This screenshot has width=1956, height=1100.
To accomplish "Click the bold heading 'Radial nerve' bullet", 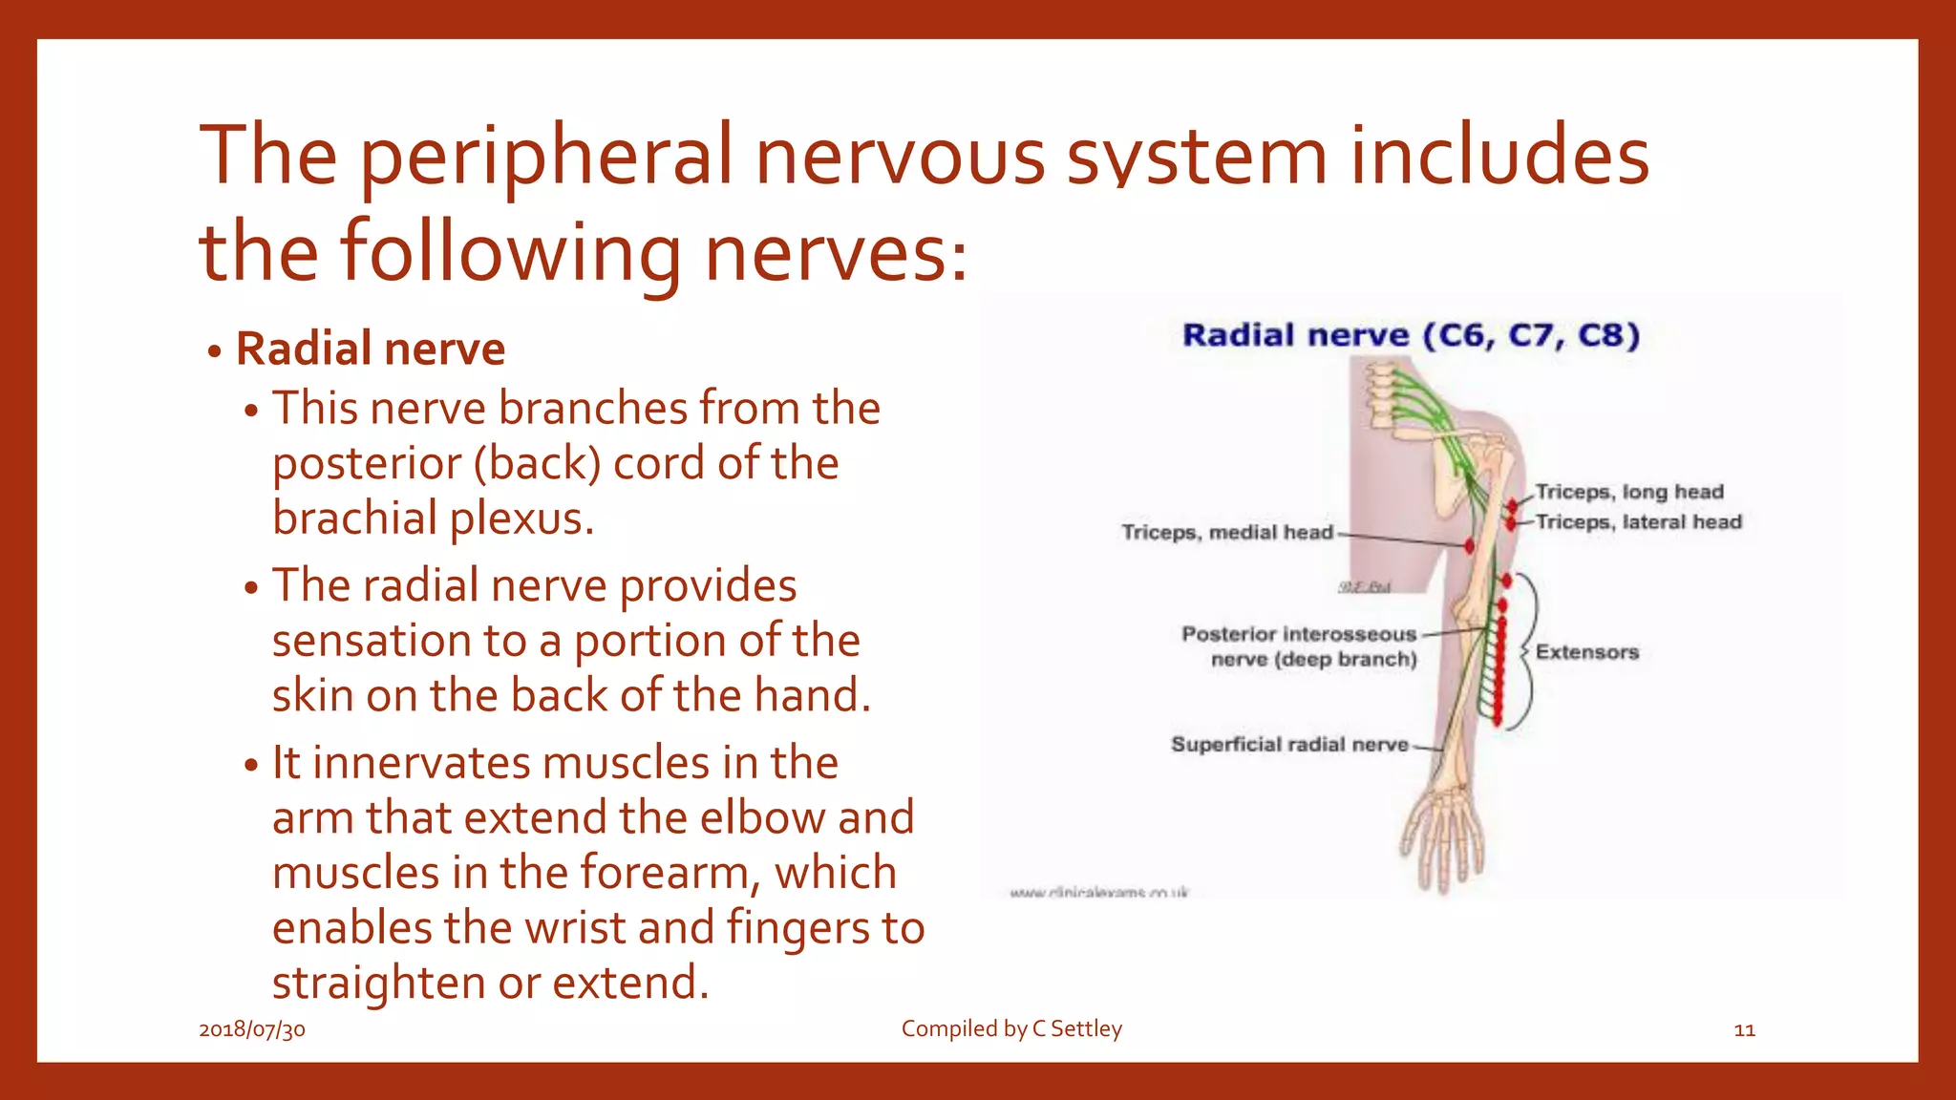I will [370, 349].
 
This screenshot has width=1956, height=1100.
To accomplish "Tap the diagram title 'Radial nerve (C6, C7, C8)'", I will [1410, 335].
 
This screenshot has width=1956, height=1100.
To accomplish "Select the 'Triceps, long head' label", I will [1629, 492].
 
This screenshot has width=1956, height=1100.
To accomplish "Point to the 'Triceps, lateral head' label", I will [1639, 522].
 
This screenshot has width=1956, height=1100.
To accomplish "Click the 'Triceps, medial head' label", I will [1226, 532].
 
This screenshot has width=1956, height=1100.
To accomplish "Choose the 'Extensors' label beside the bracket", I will [1586, 652].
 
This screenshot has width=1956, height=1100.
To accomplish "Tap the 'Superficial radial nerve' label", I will [1289, 744].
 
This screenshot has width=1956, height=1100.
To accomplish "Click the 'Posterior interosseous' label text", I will [1298, 634].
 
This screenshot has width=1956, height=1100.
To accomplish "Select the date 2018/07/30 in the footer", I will [252, 1029].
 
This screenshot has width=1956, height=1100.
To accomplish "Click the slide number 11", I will [1744, 1030].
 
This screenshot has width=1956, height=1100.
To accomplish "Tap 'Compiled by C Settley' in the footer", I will [1011, 1028].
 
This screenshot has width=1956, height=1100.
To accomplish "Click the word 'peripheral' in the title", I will [545, 158].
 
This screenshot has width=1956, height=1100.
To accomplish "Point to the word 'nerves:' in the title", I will [836, 253].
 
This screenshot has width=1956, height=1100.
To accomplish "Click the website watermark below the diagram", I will [1098, 893].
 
